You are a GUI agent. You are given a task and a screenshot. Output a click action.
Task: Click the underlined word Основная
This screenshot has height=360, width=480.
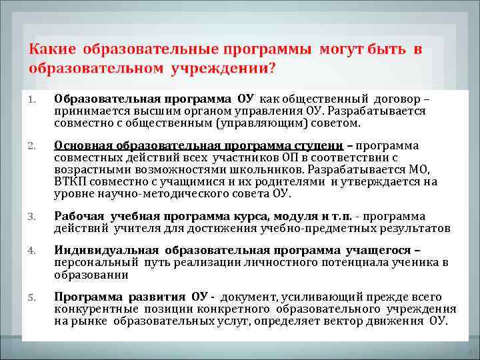pyautogui.click(x=83, y=146)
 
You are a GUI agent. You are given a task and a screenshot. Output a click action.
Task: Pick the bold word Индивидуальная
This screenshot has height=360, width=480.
pyautogui.click(x=105, y=251)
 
